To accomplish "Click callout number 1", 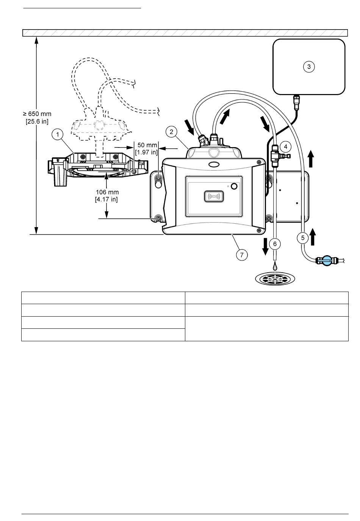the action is pyautogui.click(x=57, y=134).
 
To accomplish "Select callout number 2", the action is pyautogui.click(x=171, y=132).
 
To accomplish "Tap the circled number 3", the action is pyautogui.click(x=308, y=67).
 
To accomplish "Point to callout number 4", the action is pyautogui.click(x=285, y=147).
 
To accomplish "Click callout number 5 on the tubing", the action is pyautogui.click(x=303, y=238).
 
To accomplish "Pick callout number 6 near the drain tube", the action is pyautogui.click(x=275, y=244).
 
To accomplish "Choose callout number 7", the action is pyautogui.click(x=242, y=255).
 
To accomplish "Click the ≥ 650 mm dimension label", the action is pyautogui.click(x=37, y=114).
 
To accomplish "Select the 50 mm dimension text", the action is pyautogui.click(x=147, y=145).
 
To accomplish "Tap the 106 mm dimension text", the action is pyautogui.click(x=107, y=192).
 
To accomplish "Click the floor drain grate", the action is pyautogui.click(x=275, y=278).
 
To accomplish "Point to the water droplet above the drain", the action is pyautogui.click(x=275, y=266).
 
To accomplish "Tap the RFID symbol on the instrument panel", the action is pyautogui.click(x=214, y=196).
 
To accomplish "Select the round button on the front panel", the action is pyautogui.click(x=234, y=186).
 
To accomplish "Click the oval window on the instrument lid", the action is pyautogui.click(x=214, y=165).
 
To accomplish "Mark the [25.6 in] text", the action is pyautogui.click(x=37, y=121).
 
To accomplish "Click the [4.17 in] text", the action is pyautogui.click(x=106, y=199).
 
